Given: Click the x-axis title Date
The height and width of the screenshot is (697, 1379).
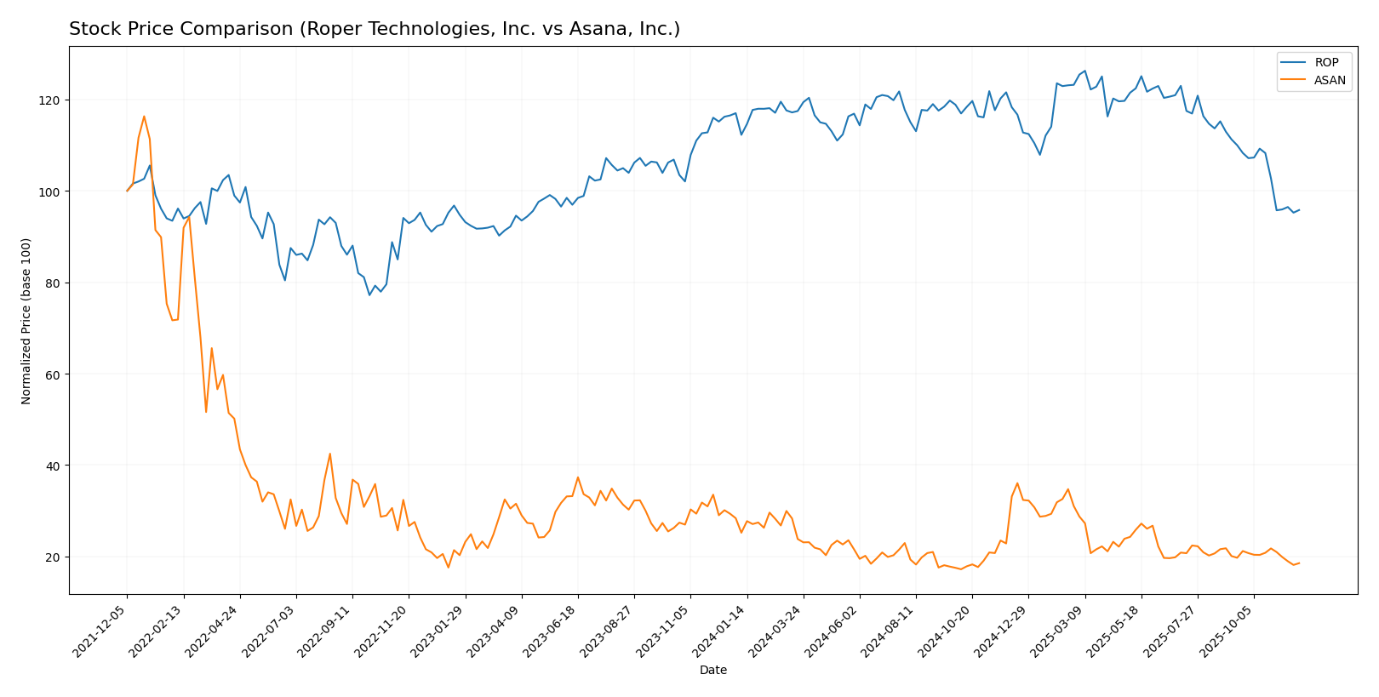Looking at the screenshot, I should click(x=712, y=671).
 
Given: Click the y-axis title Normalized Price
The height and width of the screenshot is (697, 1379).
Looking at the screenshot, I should click(x=26, y=321).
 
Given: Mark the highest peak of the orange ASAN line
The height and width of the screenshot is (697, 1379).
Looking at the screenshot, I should click(x=144, y=117).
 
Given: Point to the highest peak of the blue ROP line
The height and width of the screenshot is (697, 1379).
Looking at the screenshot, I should click(x=1084, y=71).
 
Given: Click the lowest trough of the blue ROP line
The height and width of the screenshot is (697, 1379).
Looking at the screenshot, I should click(x=369, y=295).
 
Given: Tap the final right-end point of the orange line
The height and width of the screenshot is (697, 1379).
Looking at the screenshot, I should click(x=1299, y=563).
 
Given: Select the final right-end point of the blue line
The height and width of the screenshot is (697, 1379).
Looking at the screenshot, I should click(x=1299, y=209).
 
